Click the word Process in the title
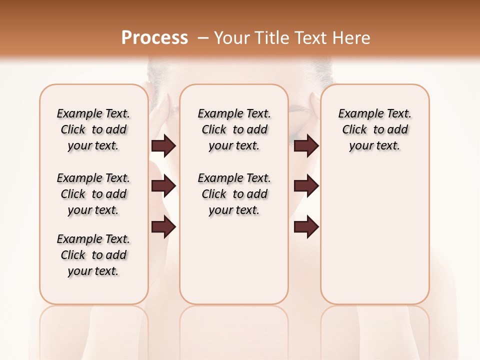coord(154,38)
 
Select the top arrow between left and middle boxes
coord(163,146)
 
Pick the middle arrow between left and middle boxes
coord(163,186)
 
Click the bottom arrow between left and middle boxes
coord(163,226)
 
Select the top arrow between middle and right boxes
coord(306,146)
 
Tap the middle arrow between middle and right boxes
coord(306,186)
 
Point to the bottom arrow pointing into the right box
coord(306,226)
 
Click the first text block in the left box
coord(93,129)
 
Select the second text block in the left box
coord(93,194)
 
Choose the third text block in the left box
coord(93,255)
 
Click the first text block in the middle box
coord(234,129)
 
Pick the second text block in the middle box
coord(234,194)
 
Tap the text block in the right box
coord(375,129)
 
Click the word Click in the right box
coord(354,130)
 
